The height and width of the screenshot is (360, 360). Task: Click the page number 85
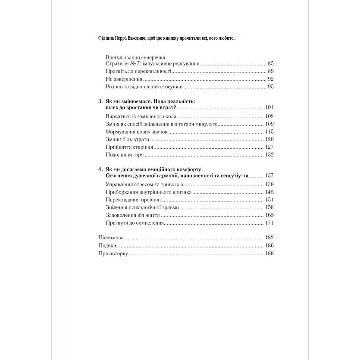(271, 63)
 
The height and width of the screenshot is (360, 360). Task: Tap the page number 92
(271, 79)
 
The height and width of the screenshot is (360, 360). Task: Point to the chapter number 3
(100, 101)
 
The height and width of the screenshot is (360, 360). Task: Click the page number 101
(269, 107)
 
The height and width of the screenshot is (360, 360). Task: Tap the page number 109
(269, 124)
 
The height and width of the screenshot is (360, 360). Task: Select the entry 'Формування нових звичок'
(135, 131)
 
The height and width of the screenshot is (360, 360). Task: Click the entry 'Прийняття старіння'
(127, 147)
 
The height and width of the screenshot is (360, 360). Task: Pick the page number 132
(269, 155)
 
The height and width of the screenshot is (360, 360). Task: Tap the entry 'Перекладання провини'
(133, 200)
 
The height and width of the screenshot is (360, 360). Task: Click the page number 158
(269, 207)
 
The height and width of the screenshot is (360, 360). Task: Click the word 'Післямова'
(111, 238)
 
